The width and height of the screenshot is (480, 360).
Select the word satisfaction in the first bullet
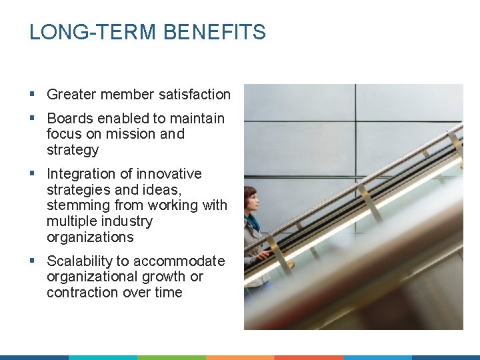click(194, 95)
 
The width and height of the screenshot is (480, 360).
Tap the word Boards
click(70, 119)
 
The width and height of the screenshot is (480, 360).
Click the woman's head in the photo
click(251, 198)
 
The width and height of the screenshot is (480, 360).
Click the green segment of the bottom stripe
click(171, 357)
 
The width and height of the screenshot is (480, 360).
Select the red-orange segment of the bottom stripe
click(308, 357)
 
